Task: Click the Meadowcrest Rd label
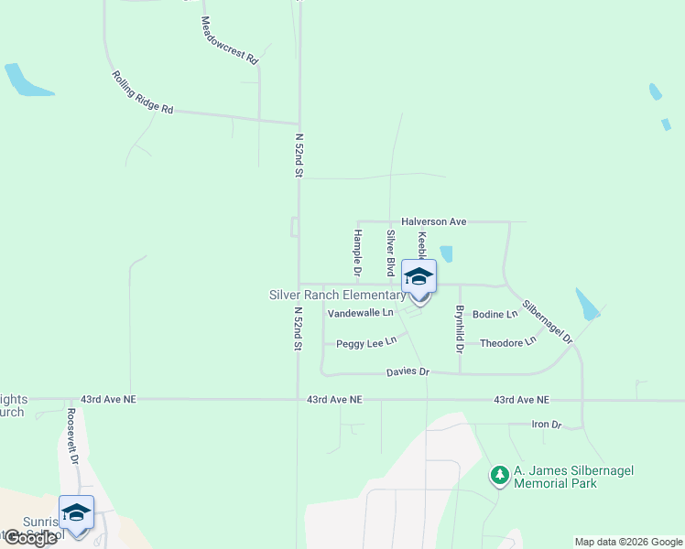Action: pos(229,39)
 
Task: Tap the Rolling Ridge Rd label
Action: pos(143,92)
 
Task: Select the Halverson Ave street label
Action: pos(434,221)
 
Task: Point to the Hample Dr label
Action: pos(356,253)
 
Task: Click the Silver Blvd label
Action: pos(390,253)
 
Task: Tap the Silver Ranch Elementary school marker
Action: pos(419,279)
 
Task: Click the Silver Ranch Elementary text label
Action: pos(337,295)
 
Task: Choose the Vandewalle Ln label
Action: pos(360,313)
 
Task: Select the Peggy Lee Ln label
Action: pos(366,343)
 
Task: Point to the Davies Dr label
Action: pos(408,371)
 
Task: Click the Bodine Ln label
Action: pos(495,314)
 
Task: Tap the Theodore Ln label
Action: pos(506,342)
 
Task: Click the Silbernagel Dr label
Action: pos(548,322)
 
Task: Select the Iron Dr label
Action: pos(546,425)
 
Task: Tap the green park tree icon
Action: pos(499,475)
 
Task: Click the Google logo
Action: pos(29,538)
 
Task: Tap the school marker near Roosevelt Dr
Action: pos(76,514)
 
